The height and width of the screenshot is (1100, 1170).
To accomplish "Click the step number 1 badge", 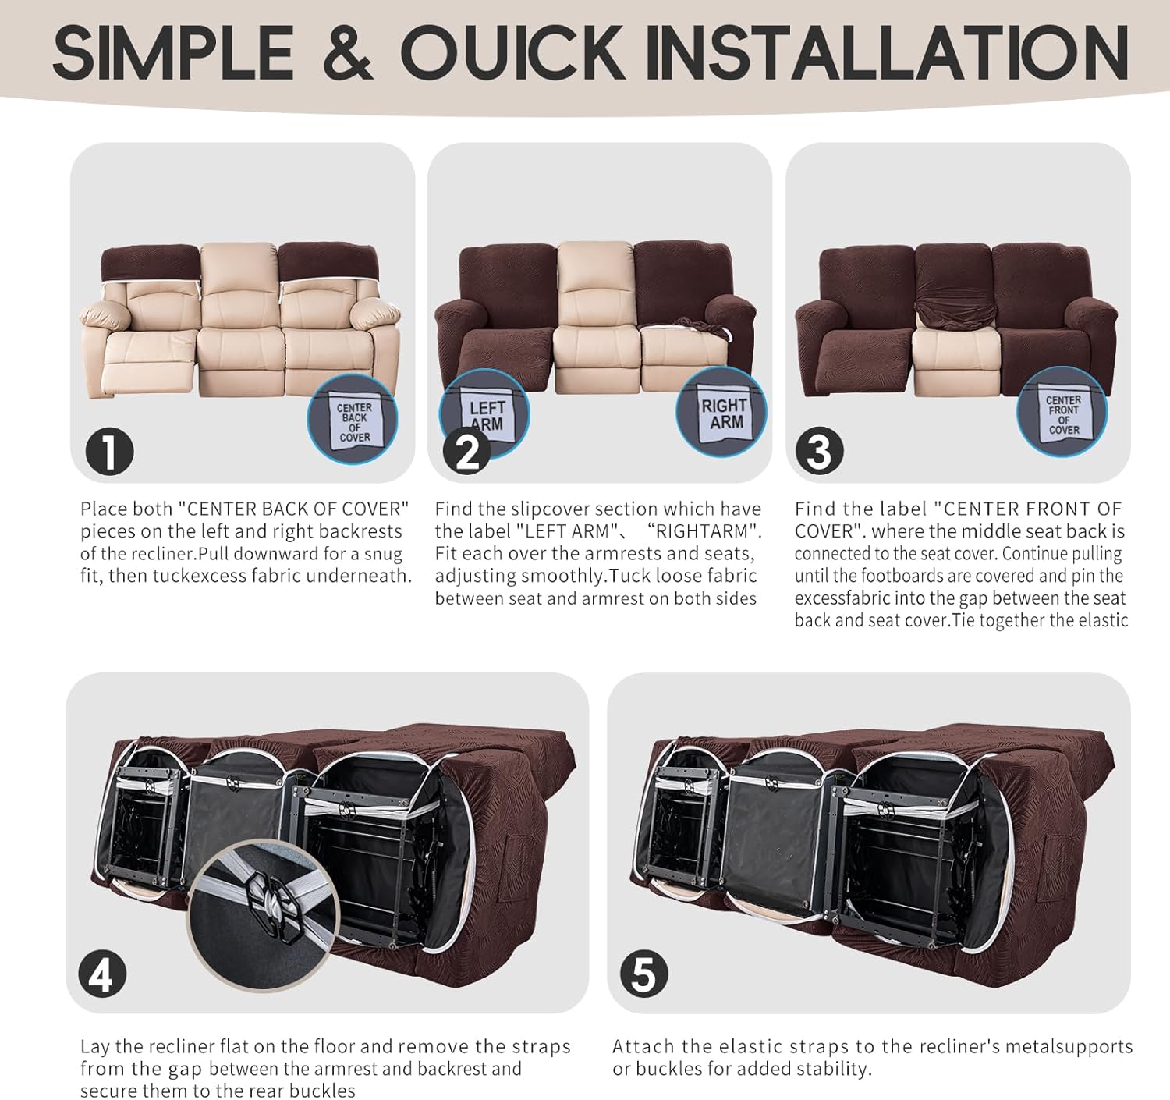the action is (109, 452).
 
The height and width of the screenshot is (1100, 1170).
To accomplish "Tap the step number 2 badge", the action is (467, 452).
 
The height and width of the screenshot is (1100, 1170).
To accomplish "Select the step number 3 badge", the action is (820, 452).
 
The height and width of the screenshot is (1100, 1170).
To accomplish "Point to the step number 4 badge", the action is (102, 975).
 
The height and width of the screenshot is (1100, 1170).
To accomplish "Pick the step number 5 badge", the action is (644, 975).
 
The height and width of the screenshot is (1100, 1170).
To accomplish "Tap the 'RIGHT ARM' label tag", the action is (723, 413).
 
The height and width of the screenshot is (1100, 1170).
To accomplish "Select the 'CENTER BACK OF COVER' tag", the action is (355, 421).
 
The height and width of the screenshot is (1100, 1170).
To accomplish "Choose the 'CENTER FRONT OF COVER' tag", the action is (1063, 413).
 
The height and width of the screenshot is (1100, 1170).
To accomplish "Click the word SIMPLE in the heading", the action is (173, 53).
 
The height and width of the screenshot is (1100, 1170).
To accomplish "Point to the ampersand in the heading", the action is (348, 53).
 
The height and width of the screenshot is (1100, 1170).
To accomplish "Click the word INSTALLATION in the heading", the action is (887, 53).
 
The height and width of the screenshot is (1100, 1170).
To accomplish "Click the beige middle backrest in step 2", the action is (595, 284).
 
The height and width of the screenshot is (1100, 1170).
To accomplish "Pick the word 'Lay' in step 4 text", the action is (95, 1048).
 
